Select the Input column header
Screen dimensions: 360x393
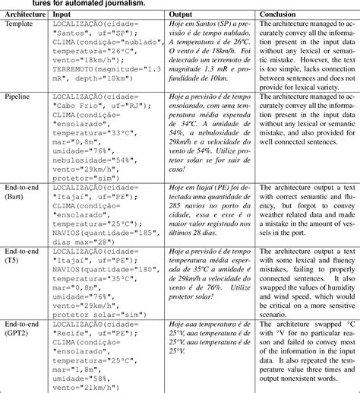pyautogui.click(x=63, y=14)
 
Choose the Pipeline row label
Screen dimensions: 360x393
pyautogui.click(x=19, y=98)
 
